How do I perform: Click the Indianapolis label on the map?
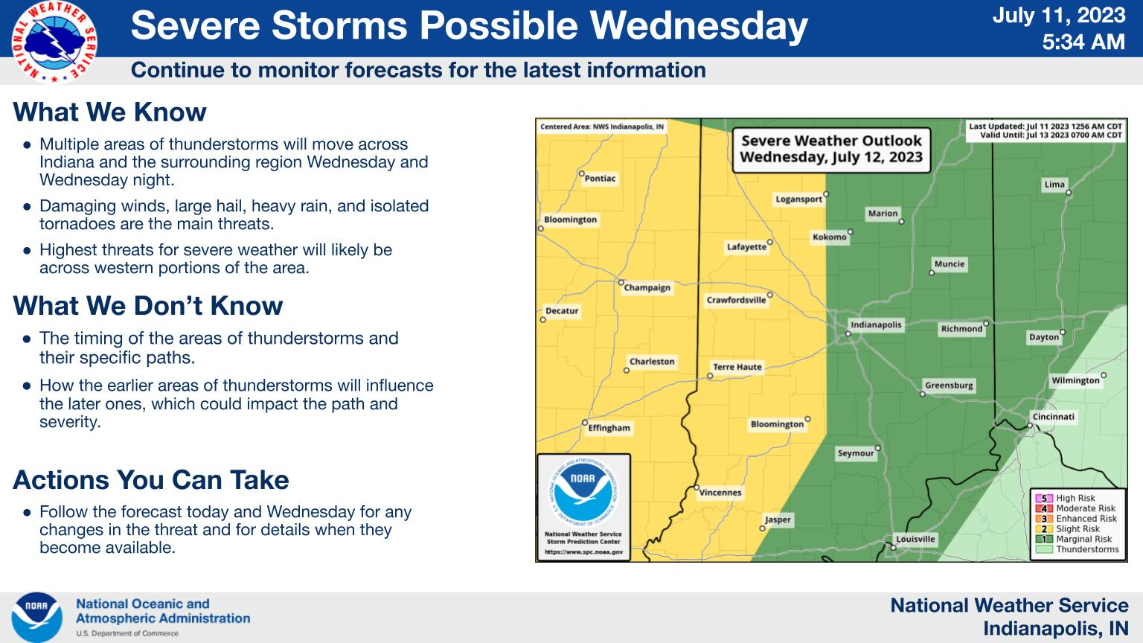[x=876, y=324]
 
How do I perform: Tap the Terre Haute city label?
[x=737, y=367]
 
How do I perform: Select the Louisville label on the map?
[x=916, y=539]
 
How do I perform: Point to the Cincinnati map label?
[x=1054, y=417]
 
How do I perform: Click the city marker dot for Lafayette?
[x=770, y=243]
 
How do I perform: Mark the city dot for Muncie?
[x=931, y=273]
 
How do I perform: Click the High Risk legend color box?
[x=1044, y=498]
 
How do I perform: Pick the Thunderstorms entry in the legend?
[x=1078, y=550]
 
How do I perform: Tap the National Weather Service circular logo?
[x=54, y=42]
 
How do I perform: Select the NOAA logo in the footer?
[x=36, y=618]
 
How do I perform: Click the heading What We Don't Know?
[x=148, y=306]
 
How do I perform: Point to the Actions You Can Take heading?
[x=151, y=480]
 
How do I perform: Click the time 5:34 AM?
[x=1083, y=42]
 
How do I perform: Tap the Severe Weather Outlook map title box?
[x=831, y=149]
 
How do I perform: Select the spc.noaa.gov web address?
[x=583, y=551]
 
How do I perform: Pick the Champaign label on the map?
[x=647, y=288]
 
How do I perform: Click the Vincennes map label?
[x=720, y=493]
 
